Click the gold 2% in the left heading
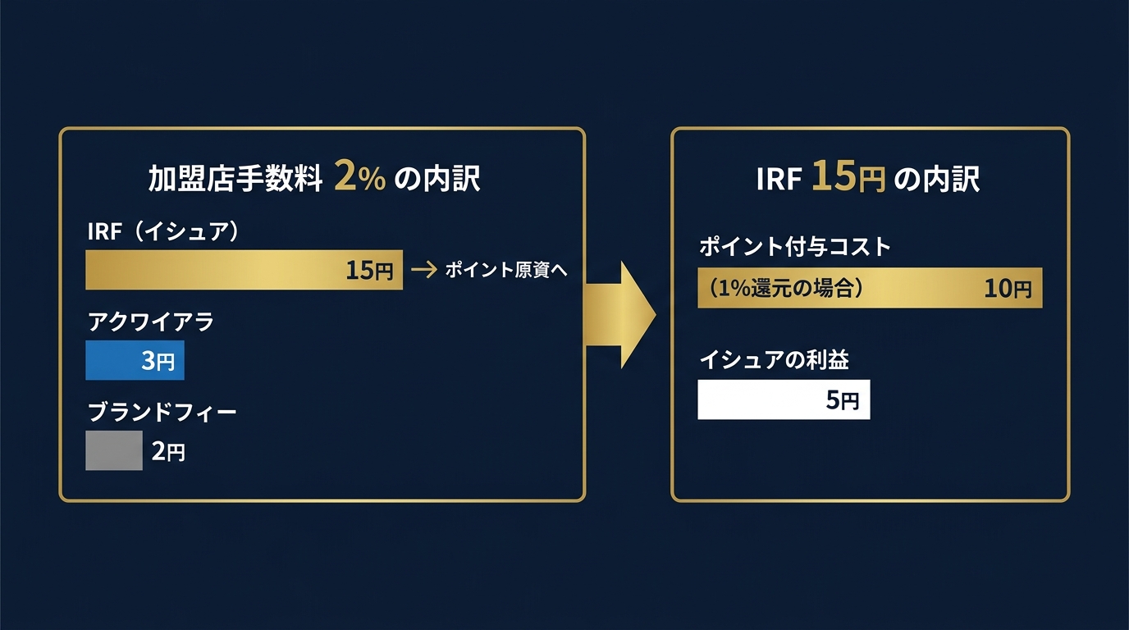click(x=359, y=178)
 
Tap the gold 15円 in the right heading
click(x=848, y=178)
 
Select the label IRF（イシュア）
click(x=163, y=232)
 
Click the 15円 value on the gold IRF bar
click(x=369, y=271)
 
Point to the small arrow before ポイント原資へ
click(x=423, y=270)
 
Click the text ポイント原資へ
click(x=506, y=270)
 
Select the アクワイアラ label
click(x=150, y=322)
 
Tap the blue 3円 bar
click(x=135, y=361)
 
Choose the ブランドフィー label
click(x=161, y=412)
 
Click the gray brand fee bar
click(x=114, y=450)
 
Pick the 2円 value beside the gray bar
click(x=168, y=451)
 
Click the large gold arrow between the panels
click(x=619, y=314)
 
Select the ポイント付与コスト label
click(x=794, y=246)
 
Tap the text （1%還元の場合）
click(x=784, y=288)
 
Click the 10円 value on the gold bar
click(x=1008, y=289)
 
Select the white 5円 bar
click(x=784, y=399)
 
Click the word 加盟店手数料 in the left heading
click(x=235, y=179)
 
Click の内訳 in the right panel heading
click(x=936, y=179)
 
